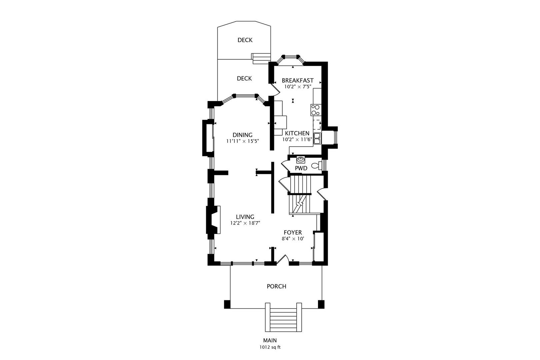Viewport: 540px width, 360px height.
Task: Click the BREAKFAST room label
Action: point(297,80)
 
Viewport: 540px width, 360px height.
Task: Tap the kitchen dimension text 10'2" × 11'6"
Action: point(297,140)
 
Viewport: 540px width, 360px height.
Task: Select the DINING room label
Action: point(242,135)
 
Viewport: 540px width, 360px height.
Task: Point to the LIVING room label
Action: point(245,217)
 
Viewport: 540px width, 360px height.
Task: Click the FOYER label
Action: point(293,232)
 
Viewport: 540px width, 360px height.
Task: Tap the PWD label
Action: point(301,168)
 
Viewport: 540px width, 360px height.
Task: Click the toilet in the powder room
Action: point(316,165)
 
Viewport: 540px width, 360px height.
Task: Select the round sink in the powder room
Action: point(301,160)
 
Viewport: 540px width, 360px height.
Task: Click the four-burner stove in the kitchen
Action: point(315,110)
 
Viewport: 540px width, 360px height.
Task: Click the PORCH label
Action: point(276,286)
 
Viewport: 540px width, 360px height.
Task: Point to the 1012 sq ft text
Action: point(270,347)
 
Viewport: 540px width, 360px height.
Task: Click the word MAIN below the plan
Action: point(270,340)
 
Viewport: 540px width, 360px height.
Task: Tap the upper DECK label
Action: point(245,40)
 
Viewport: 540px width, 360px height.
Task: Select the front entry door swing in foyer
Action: point(283,260)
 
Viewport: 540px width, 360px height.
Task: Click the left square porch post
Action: point(227,304)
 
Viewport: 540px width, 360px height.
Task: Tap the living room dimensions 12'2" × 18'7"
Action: point(245,223)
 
